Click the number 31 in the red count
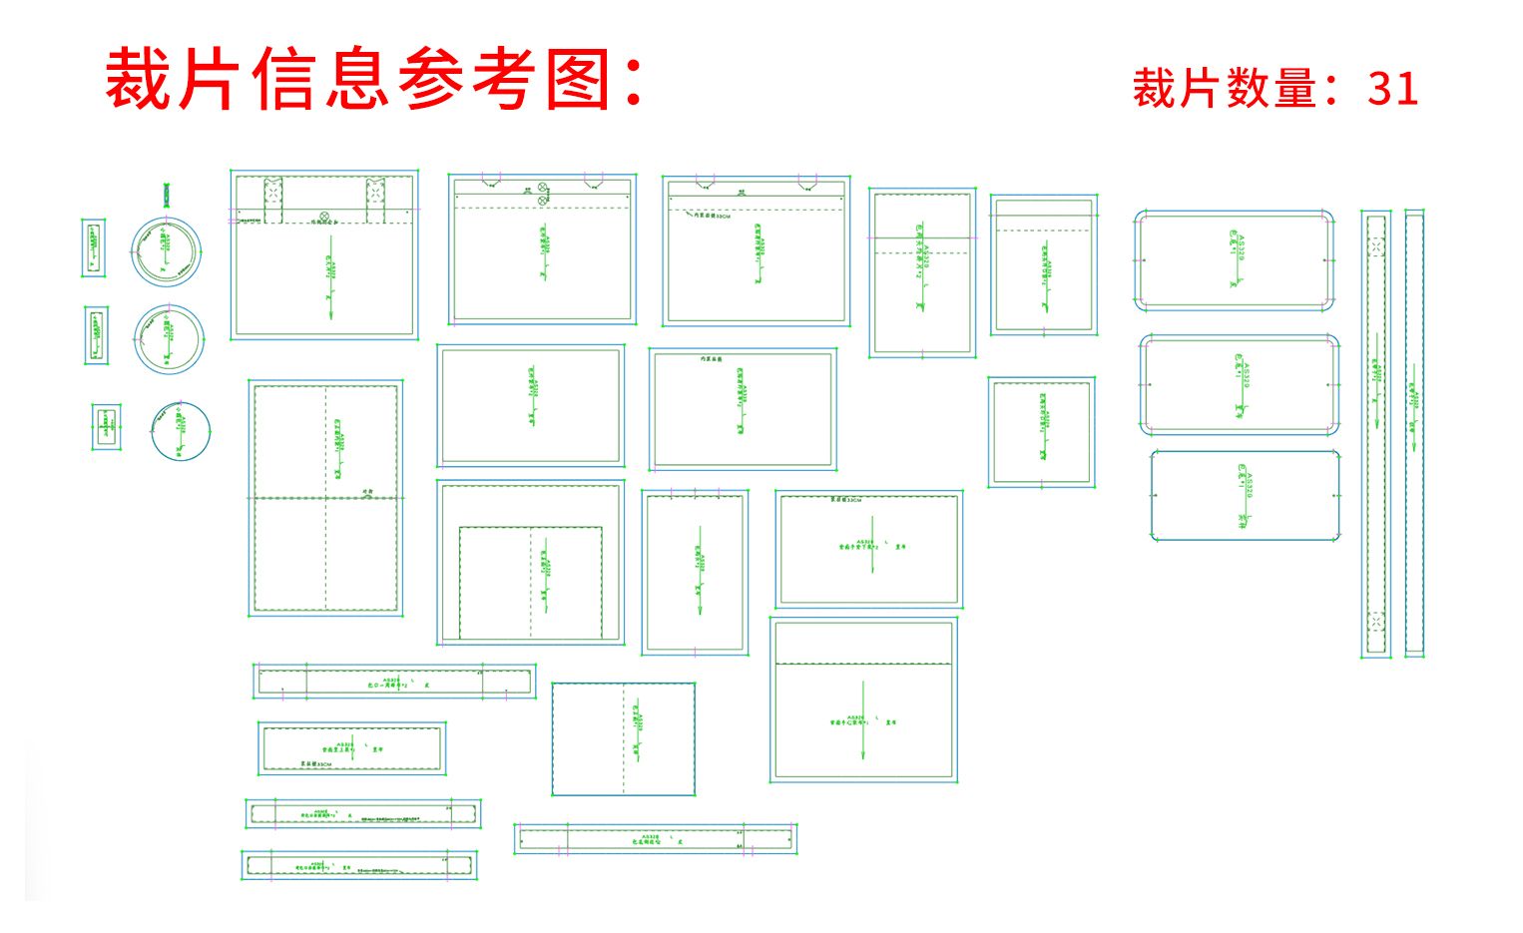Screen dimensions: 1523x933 (1392, 89)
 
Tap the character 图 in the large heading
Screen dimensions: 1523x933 (579, 80)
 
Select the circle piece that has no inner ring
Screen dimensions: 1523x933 (181, 431)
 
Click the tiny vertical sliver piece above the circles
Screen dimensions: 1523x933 (167, 195)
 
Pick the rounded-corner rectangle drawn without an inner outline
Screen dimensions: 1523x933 (1245, 495)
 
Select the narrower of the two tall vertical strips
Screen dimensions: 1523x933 (1414, 433)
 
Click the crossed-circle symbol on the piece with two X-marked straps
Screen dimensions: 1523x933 (323, 217)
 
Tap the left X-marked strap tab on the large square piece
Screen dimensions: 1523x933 (272, 199)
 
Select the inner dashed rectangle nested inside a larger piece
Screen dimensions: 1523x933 (530, 582)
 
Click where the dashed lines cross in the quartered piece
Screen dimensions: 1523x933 (325, 497)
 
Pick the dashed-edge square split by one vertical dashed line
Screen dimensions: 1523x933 (623, 738)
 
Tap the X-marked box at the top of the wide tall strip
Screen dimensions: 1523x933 (1376, 246)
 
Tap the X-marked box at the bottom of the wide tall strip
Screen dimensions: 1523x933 (1376, 621)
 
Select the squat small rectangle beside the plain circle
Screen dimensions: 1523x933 (106, 427)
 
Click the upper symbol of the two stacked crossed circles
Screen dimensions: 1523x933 (543, 187)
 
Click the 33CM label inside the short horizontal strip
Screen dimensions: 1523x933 (316, 764)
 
